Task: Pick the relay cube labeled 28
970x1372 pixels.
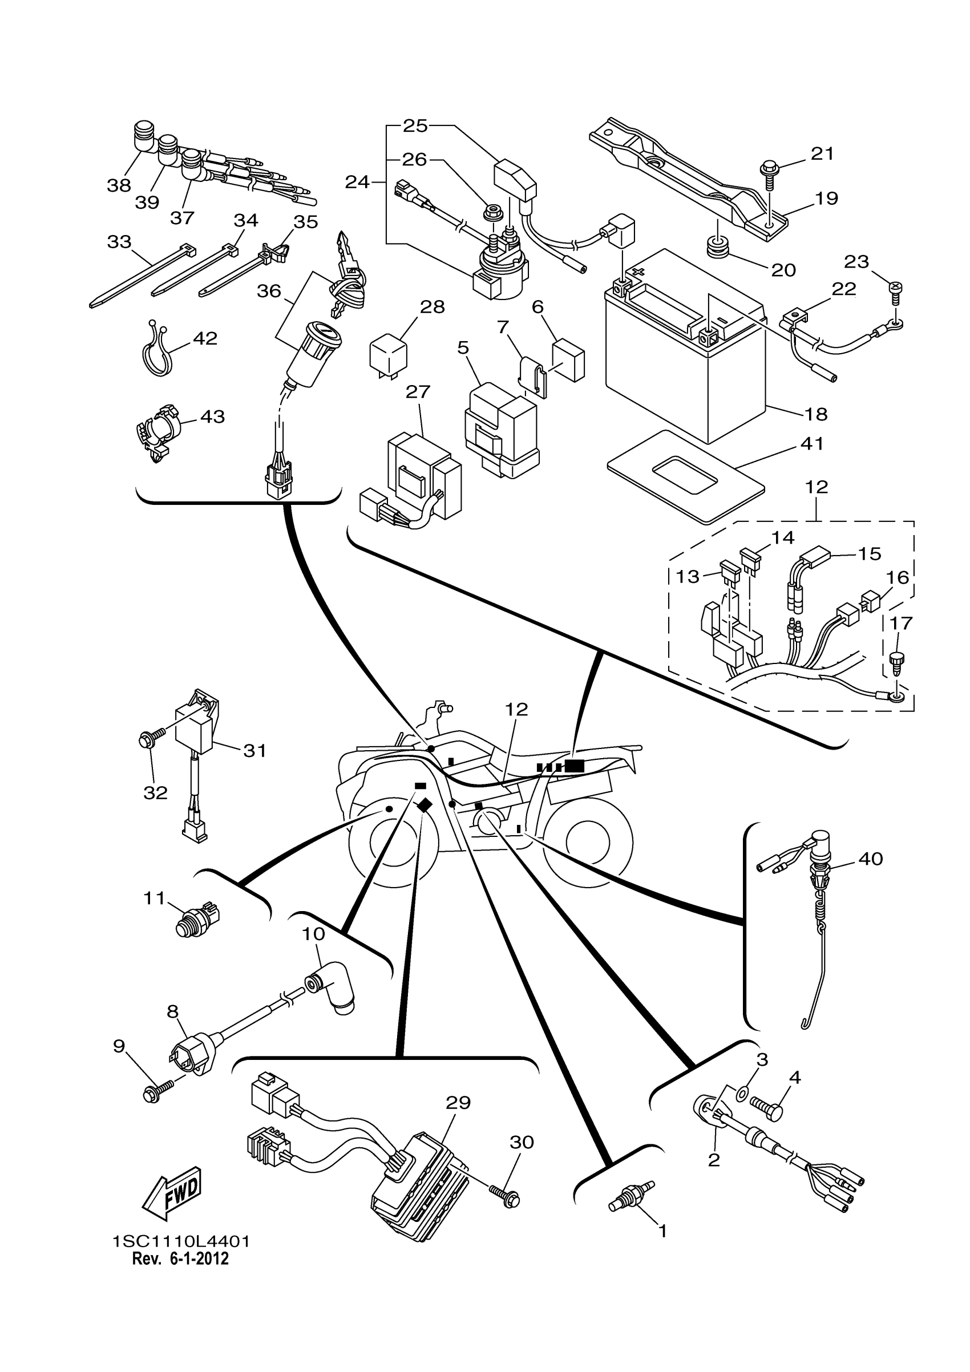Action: (389, 357)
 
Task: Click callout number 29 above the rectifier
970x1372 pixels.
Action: (458, 1103)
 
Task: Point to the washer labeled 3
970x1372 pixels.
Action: (741, 1094)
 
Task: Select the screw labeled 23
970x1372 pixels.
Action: (896, 290)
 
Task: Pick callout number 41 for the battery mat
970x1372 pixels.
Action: (811, 443)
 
